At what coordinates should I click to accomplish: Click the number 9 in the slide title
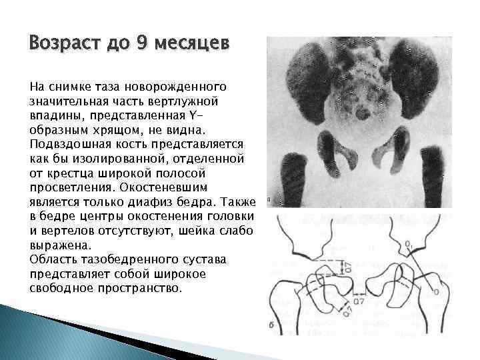(142, 44)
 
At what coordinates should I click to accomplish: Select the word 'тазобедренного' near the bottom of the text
(153, 259)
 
